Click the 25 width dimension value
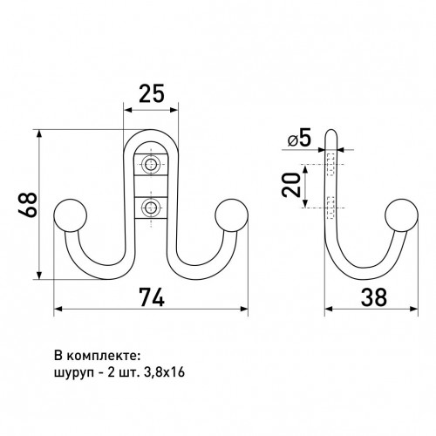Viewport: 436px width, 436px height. click(152, 93)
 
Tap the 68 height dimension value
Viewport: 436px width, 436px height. click(28, 204)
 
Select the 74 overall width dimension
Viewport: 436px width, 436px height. click(152, 297)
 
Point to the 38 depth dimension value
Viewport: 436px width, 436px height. click(374, 297)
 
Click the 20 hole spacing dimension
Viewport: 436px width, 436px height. click(290, 185)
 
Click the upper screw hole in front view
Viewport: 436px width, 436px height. click(151, 165)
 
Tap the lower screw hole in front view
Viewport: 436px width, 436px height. click(151, 208)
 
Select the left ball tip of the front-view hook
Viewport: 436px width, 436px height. click(71, 215)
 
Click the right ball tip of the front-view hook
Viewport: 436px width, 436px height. click(231, 215)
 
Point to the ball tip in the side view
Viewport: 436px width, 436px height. click(402, 215)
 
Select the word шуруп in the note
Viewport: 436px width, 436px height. click(74, 373)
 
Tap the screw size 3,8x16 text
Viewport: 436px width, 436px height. click(164, 372)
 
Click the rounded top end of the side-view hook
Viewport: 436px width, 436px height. click(330, 134)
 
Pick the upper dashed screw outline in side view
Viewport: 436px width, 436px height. click(330, 164)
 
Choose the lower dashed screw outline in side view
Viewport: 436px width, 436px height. click(330, 208)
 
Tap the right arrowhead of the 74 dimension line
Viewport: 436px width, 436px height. click(244, 309)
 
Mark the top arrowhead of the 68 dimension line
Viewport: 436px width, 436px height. click(39, 133)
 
